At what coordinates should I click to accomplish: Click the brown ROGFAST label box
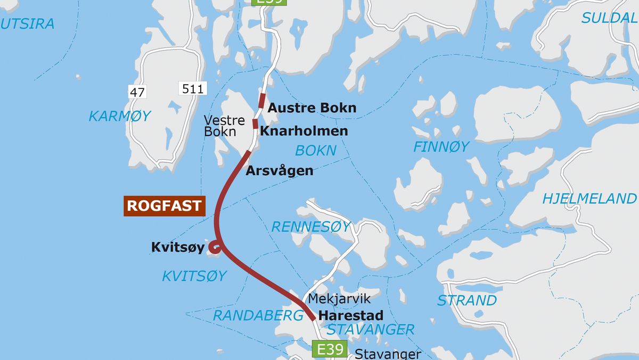[x=165, y=206]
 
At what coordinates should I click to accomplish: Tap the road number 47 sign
[x=137, y=92]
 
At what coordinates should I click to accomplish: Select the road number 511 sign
[x=193, y=88]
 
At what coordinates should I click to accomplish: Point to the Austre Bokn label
[x=312, y=108]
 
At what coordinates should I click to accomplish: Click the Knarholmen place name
[x=304, y=130]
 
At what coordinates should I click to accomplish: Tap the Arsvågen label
[x=279, y=171]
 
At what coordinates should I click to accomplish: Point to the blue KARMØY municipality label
[x=120, y=116]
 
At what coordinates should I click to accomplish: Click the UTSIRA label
[x=28, y=24]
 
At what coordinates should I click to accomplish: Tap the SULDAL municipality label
[x=609, y=18]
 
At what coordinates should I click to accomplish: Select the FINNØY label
[x=441, y=146]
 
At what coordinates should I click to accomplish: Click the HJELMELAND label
[x=589, y=199]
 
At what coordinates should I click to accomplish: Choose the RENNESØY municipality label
[x=311, y=227]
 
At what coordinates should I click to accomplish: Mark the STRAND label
[x=466, y=300]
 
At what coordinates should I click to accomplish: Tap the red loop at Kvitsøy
[x=215, y=247]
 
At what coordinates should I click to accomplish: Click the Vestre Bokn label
[x=224, y=126]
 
